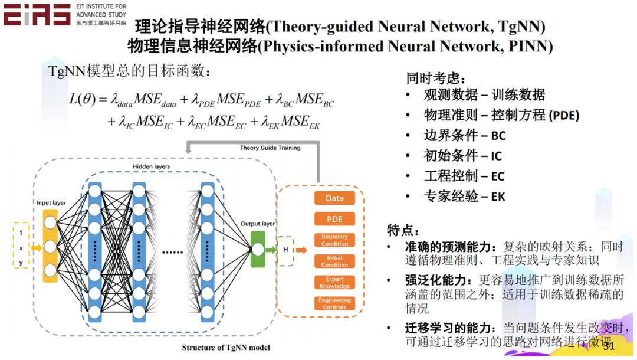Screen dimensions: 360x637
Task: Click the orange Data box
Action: (x=334, y=198)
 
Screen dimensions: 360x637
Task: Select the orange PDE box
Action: (x=334, y=219)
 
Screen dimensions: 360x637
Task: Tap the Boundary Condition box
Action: (x=334, y=240)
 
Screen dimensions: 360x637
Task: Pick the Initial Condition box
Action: (x=334, y=261)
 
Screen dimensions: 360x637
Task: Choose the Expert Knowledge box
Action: (x=334, y=283)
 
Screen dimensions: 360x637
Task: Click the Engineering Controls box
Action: (x=334, y=303)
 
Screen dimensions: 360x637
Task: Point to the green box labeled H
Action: (x=285, y=250)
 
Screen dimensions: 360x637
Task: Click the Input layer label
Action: (x=51, y=203)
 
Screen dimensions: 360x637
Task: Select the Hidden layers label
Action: (x=151, y=167)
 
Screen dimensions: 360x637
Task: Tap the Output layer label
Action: (x=258, y=224)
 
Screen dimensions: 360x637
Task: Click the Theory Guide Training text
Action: (x=270, y=148)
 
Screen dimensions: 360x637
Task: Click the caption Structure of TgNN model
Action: (x=226, y=348)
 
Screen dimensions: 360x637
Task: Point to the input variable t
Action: (x=21, y=233)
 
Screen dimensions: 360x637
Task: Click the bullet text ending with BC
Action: (x=465, y=136)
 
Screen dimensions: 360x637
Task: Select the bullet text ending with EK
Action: (x=465, y=197)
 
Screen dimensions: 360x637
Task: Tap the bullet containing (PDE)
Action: (x=501, y=116)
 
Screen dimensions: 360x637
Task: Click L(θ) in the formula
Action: (x=82, y=99)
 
